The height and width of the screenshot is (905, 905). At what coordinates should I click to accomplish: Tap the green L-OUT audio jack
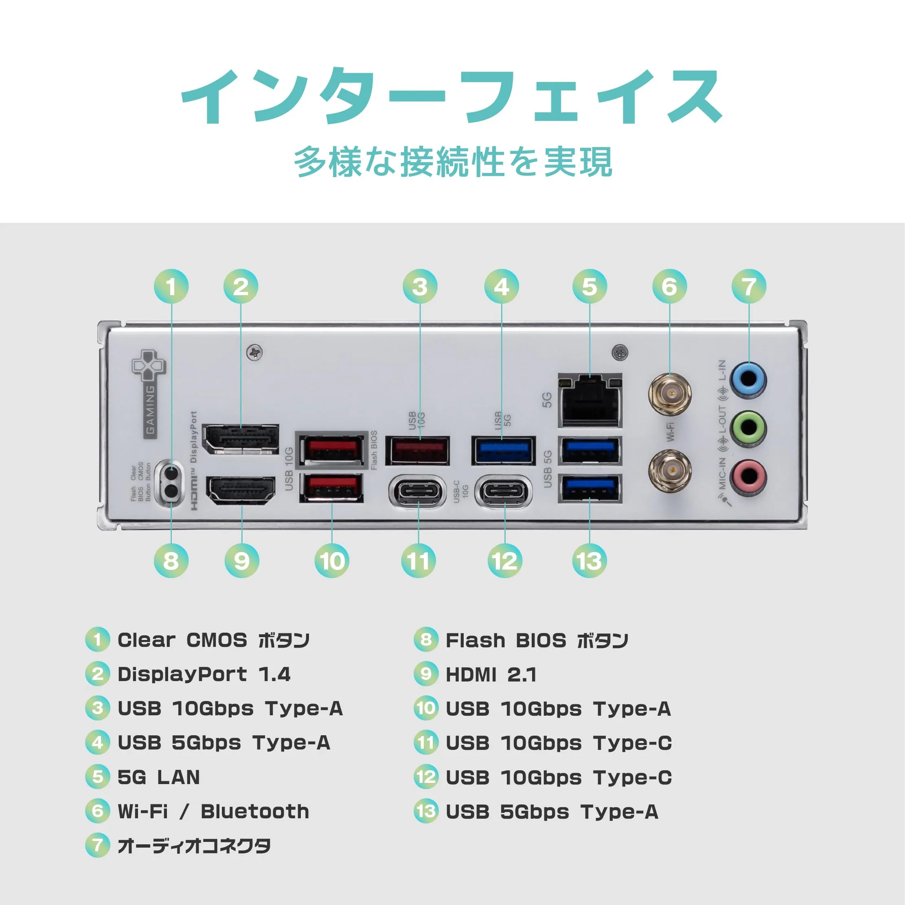point(749,428)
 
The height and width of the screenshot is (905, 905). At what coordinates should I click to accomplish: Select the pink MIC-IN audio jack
point(749,477)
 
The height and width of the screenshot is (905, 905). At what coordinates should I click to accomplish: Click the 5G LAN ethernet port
point(590,401)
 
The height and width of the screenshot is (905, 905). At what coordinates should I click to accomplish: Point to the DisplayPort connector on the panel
point(240,439)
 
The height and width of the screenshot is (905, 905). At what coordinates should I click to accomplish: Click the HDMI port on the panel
point(241,490)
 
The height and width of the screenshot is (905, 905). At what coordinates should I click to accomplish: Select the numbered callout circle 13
point(589,561)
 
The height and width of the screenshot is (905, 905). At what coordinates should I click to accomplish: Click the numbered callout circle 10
point(332,561)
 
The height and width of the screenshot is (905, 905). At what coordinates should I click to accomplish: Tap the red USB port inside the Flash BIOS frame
point(332,450)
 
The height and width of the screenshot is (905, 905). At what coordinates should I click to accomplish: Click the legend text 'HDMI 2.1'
point(491,675)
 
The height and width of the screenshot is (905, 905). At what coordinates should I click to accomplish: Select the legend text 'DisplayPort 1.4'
point(204,675)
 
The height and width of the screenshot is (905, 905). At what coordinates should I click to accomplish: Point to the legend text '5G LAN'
point(158,777)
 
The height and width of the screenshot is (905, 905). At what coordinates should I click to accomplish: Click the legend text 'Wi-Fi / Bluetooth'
point(213,811)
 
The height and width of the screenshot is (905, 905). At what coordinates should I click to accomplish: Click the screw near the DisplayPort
point(254,352)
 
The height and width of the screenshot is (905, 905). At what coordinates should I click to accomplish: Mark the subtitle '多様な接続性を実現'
point(453,162)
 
